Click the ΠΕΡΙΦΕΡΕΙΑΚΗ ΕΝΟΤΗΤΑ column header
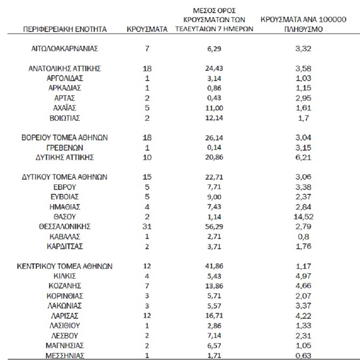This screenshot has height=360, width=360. tap(65, 29)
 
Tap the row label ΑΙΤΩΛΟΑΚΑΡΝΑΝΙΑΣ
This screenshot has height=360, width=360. tap(65, 49)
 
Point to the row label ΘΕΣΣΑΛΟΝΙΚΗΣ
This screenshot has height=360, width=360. tap(65, 226)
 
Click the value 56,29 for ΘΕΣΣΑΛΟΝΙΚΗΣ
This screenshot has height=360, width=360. tap(214, 226)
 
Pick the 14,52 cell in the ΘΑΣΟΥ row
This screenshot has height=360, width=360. tap(303, 216)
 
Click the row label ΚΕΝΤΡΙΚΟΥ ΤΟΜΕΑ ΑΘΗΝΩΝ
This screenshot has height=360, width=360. tap(65, 266)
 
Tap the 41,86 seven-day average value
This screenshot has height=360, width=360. tap(214, 266)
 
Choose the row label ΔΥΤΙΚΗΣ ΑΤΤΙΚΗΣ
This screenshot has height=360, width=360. tap(65, 158)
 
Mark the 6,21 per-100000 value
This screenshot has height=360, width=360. tap(303, 158)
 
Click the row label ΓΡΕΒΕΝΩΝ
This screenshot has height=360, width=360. tap(65, 148)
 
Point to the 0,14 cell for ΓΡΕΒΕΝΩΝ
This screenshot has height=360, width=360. tap(214, 148)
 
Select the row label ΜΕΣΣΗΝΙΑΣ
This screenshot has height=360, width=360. tap(65, 355)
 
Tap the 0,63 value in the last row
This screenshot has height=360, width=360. tap(303, 355)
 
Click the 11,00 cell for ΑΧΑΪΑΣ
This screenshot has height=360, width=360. tap(214, 108)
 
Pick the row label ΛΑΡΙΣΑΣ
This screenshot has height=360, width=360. tap(65, 316)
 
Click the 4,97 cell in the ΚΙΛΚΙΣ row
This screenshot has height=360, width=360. tap(303, 276)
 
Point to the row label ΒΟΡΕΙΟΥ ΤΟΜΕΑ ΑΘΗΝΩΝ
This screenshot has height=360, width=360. tap(65, 138)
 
